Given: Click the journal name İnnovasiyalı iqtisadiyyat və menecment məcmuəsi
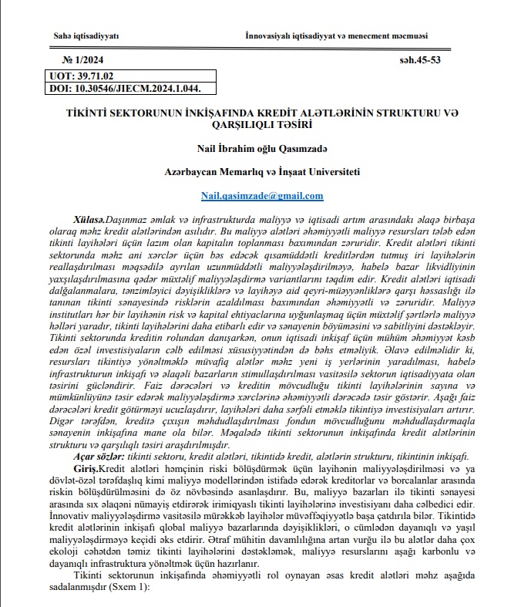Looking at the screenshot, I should click(x=341, y=36).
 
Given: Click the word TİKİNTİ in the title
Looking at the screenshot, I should click(x=89, y=113).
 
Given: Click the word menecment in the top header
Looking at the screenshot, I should click(x=375, y=36).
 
